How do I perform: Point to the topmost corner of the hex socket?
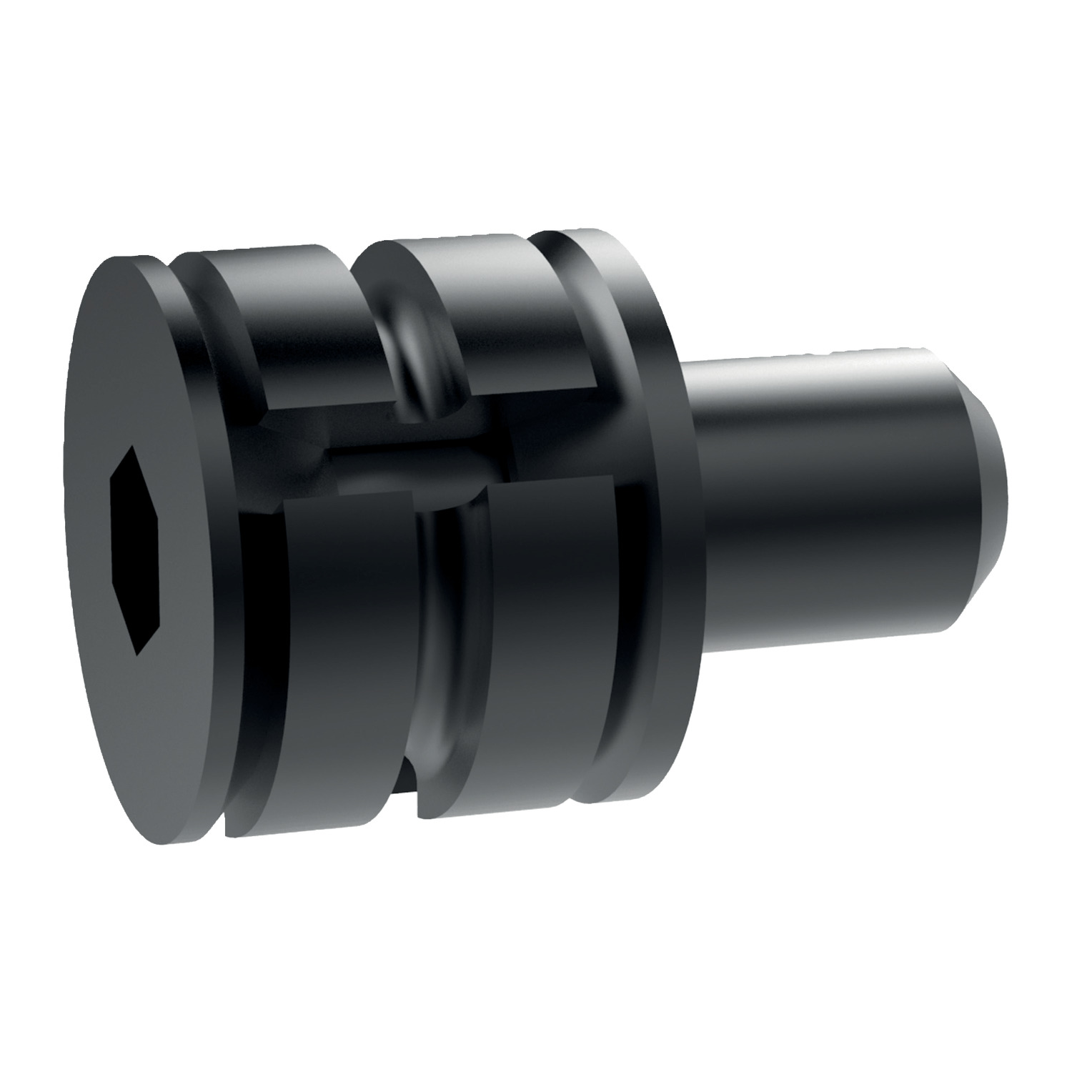130,450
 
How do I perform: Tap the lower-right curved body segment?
543,629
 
